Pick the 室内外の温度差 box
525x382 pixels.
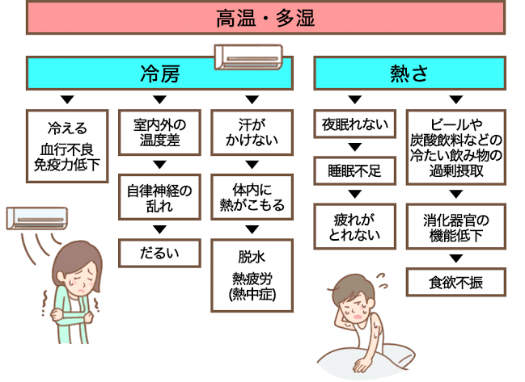click(x=159, y=133)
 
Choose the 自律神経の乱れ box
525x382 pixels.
click(x=159, y=198)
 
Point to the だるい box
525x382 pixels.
click(x=159, y=253)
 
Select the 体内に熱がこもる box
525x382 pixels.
click(x=252, y=198)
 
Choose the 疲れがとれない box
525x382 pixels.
click(x=354, y=225)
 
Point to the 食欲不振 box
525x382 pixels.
click(x=455, y=282)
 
